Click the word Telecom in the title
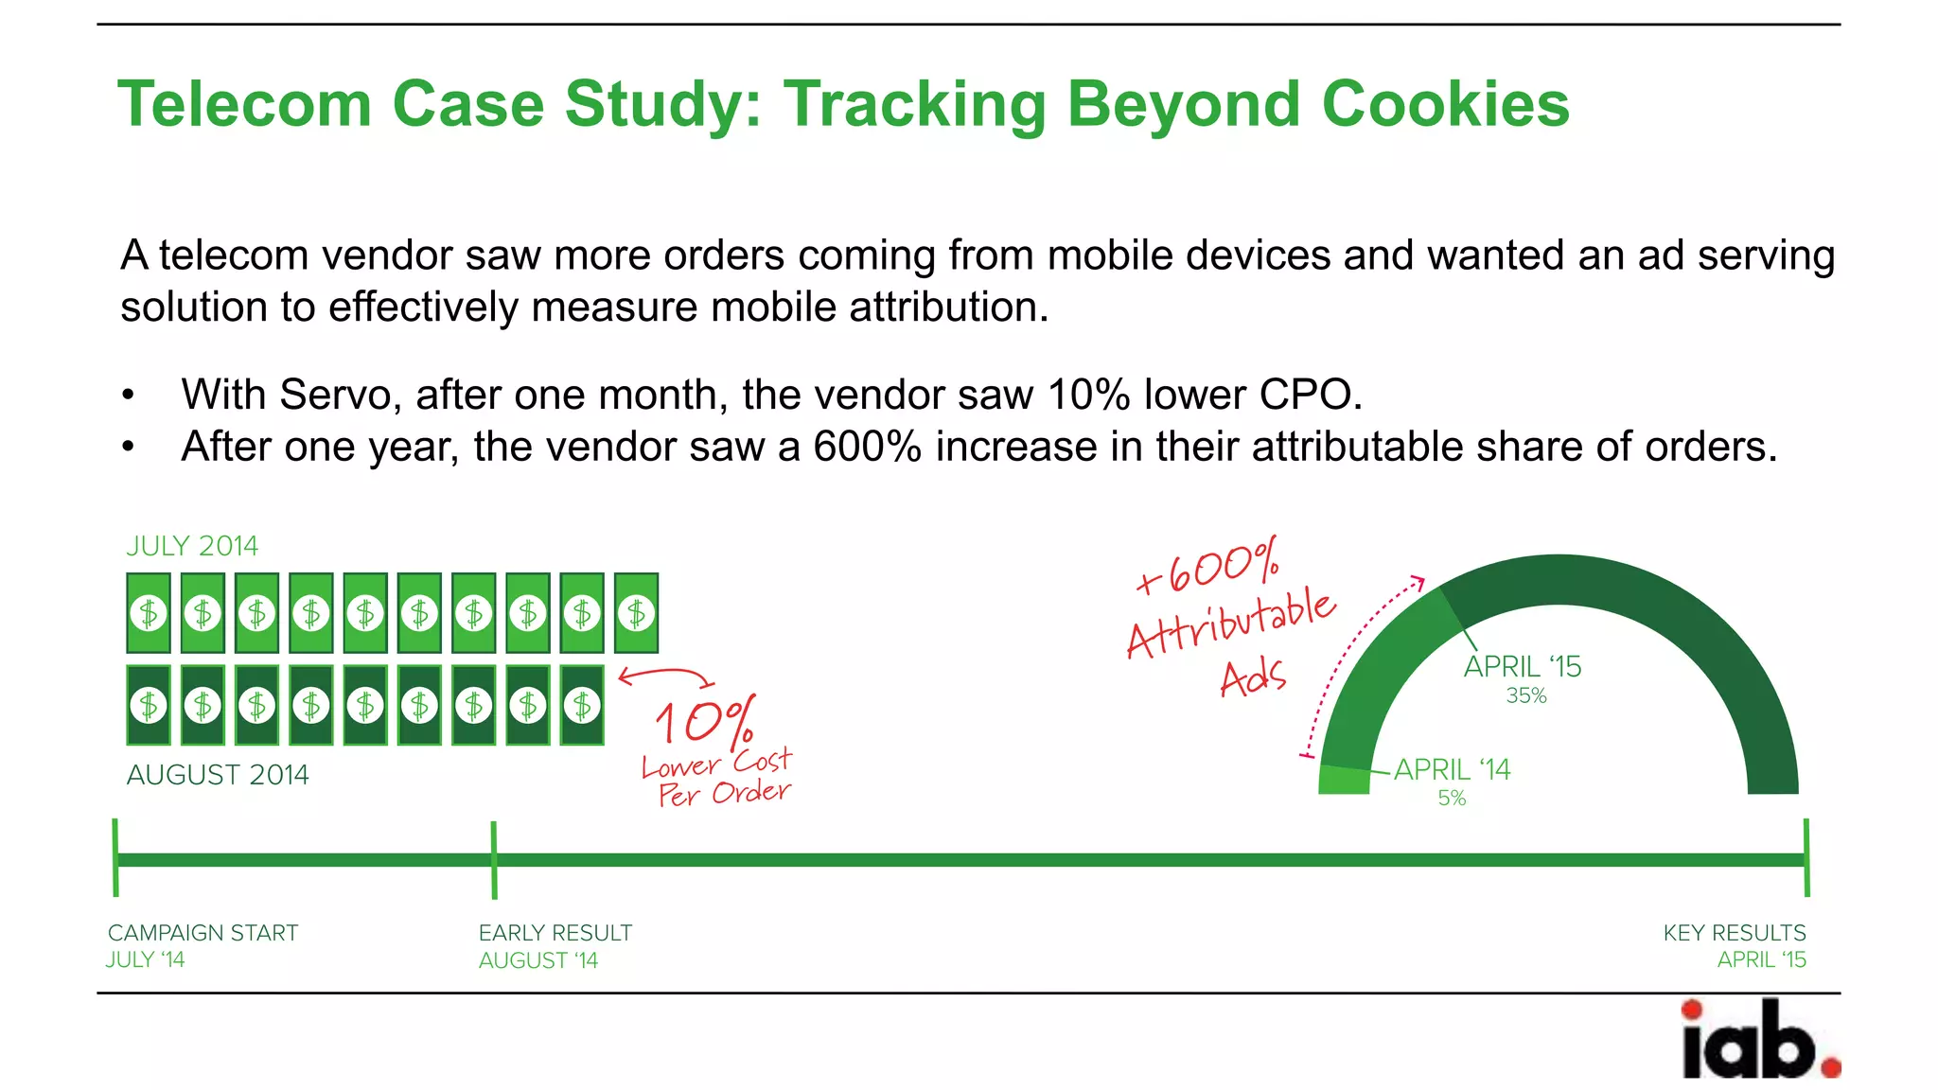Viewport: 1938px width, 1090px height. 244,104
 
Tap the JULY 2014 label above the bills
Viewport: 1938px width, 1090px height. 192,546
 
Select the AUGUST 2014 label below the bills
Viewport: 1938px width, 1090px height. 218,775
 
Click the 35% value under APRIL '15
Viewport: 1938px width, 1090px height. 1526,695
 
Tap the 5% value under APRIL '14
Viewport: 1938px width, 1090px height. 1452,799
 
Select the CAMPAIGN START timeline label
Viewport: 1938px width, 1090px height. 203,933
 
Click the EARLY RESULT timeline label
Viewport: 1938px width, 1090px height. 555,933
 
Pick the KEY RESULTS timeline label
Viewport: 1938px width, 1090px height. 1735,933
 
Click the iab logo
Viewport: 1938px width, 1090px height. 1759,1040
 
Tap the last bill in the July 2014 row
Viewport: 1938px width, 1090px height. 637,613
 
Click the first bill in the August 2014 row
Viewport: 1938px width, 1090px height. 149,705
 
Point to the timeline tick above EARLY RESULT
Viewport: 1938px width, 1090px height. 494,859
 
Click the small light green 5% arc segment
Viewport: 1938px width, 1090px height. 1344,780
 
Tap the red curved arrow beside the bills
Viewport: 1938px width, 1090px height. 666,676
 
